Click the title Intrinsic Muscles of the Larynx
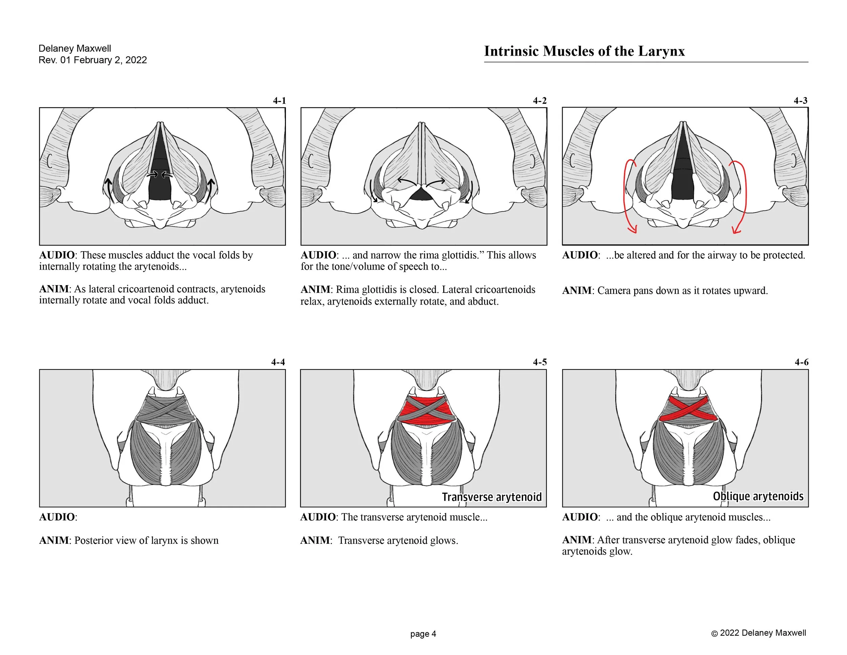584,51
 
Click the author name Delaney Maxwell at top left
75,48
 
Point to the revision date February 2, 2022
110,60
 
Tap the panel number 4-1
279,101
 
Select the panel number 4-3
801,101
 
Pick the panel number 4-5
539,362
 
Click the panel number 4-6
801,362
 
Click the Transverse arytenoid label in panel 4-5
491,497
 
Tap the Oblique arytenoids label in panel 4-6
758,496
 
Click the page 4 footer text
423,634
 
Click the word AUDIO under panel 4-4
57,517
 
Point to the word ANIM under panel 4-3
577,291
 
